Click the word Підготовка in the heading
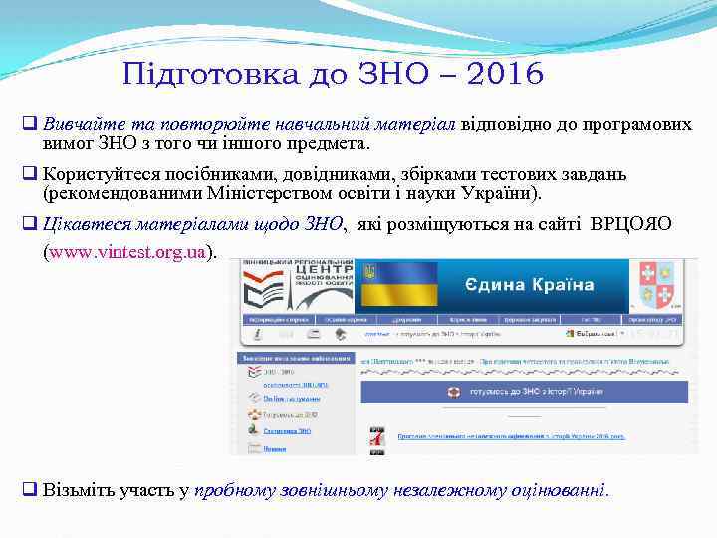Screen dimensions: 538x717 pos(188,75)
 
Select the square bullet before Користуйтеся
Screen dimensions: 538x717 pos(30,174)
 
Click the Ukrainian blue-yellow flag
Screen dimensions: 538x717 pos(399,284)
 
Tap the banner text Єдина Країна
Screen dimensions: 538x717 pos(529,285)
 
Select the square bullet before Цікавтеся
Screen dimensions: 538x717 pos(30,224)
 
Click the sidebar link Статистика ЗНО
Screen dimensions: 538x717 pos(287,431)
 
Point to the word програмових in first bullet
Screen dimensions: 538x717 pos(636,124)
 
